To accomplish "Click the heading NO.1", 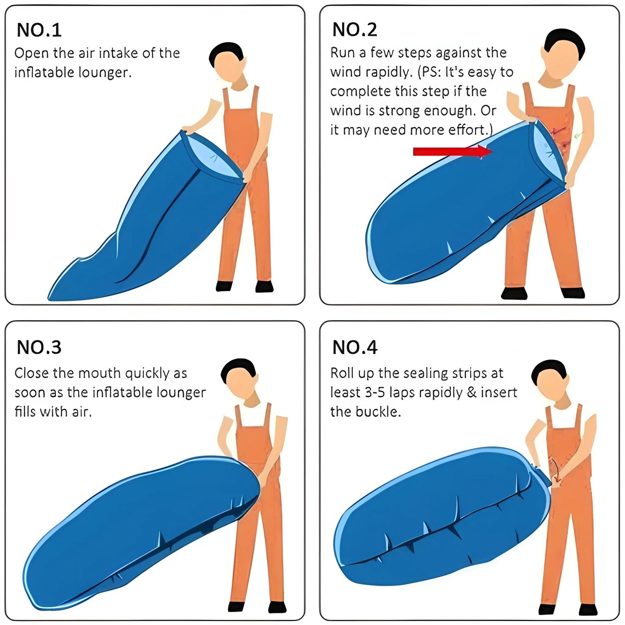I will [x=39, y=30].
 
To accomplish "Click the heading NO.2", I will [x=355, y=29].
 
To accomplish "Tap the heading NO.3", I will [x=39, y=347].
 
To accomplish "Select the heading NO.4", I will [x=355, y=347].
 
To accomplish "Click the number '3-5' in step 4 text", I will [x=375, y=392].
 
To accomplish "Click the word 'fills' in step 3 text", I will [x=25, y=411].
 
